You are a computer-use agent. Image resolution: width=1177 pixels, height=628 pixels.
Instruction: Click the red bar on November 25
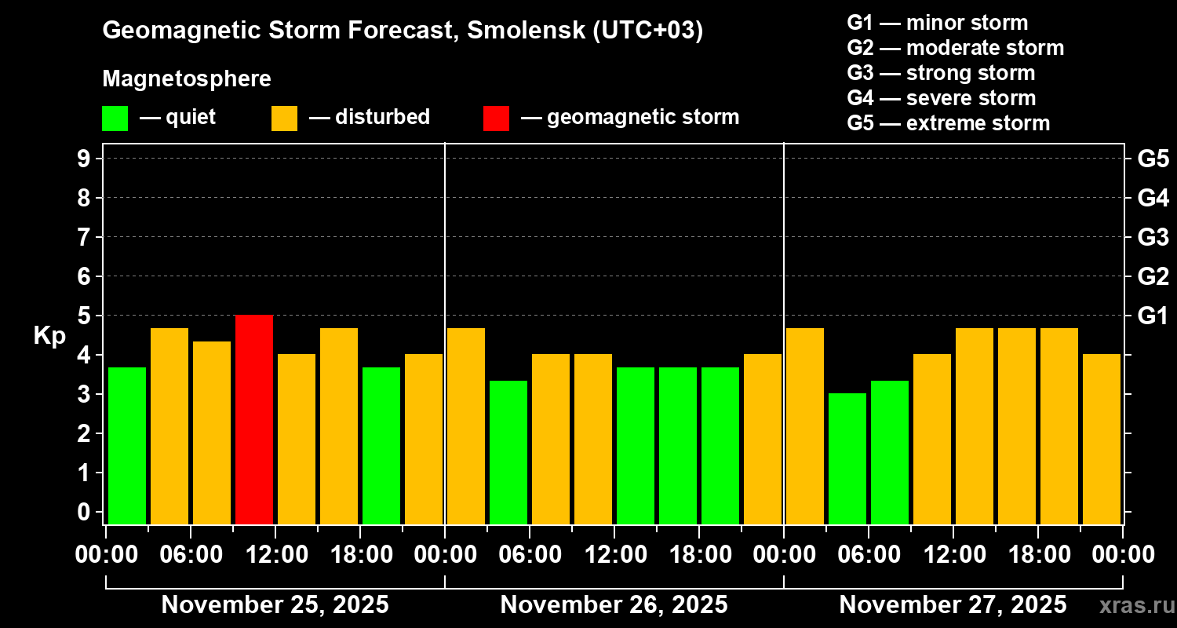(254, 419)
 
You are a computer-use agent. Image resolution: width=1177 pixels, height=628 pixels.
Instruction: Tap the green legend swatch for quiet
(115, 118)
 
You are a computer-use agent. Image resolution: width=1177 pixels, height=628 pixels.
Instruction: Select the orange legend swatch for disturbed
(284, 118)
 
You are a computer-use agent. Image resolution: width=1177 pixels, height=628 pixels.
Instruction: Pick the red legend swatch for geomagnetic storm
(496, 118)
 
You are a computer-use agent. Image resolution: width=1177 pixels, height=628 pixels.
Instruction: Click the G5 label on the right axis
(1153, 159)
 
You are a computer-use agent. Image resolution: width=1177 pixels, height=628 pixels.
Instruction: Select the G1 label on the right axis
(1153, 316)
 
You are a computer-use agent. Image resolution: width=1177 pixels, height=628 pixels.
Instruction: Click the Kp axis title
(49, 335)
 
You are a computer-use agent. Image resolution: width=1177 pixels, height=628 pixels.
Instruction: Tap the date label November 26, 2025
(614, 605)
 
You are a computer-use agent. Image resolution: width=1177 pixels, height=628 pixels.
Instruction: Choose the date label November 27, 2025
(953, 605)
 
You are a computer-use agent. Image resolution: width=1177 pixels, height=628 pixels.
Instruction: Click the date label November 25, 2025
(275, 605)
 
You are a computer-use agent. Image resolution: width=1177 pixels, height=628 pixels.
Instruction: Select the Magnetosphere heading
(187, 79)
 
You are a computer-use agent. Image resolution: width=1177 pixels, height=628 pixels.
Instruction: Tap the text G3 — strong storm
(941, 73)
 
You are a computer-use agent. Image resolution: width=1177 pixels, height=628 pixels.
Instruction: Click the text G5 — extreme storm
(948, 123)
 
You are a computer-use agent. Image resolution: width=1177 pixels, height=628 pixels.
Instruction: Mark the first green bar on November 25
(127, 445)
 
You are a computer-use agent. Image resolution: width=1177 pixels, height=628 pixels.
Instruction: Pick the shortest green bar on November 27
(847, 458)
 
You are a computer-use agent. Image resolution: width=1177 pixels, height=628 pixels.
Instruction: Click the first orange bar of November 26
(466, 425)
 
